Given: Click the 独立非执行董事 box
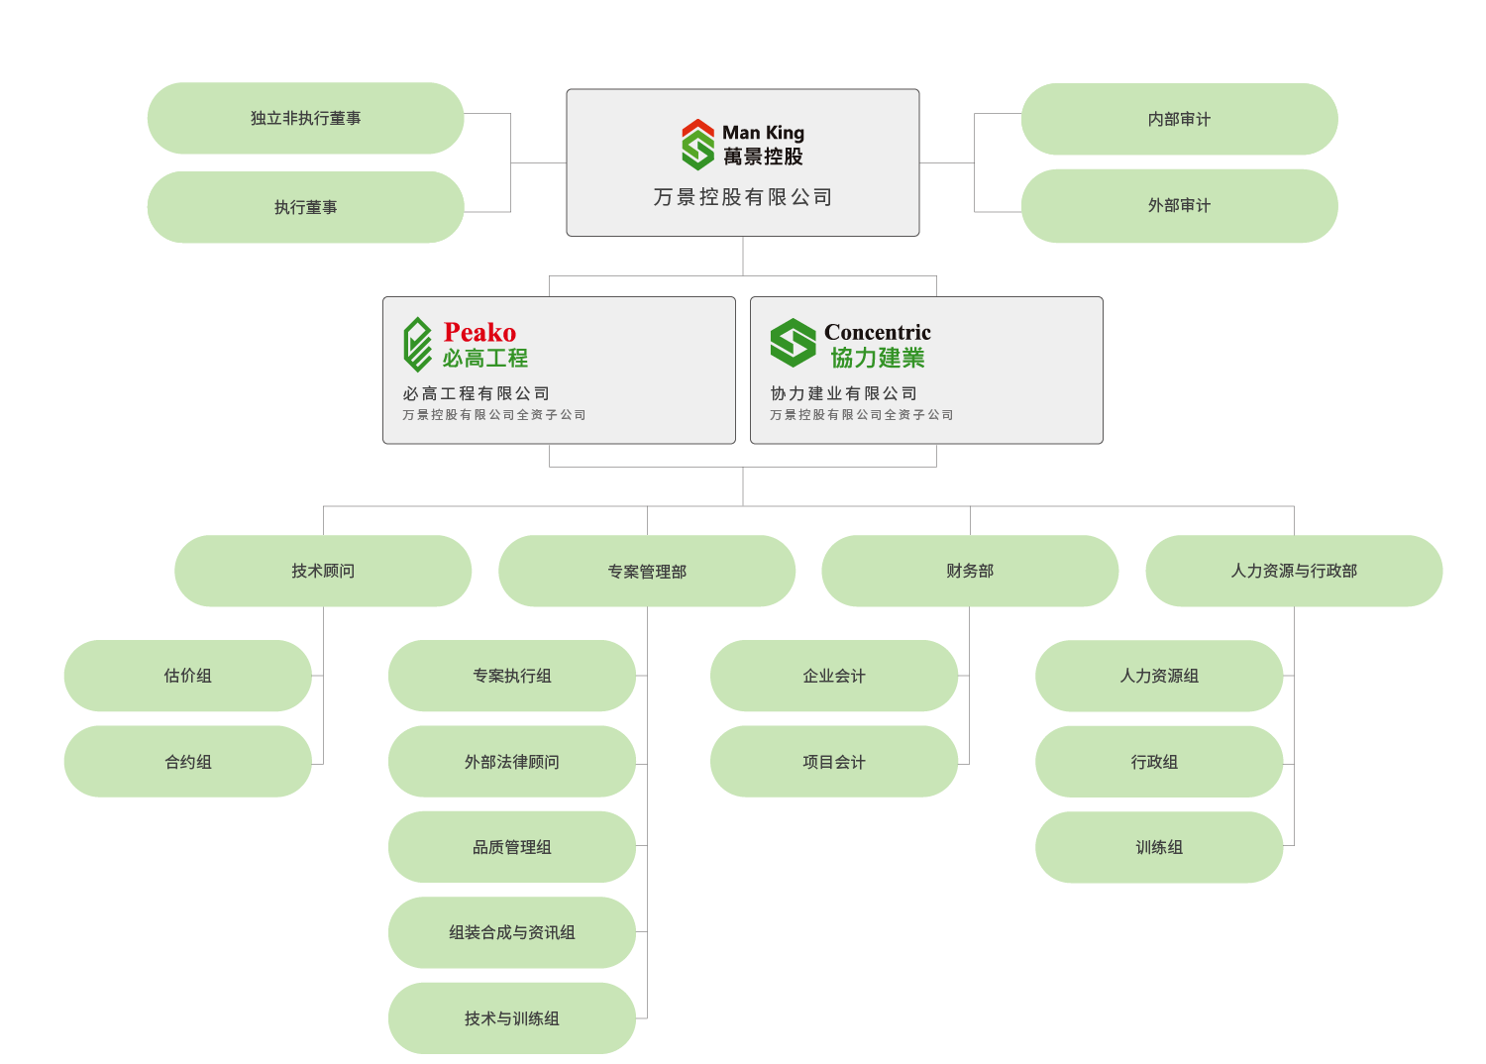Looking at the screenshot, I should [305, 118].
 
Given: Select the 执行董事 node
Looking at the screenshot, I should [305, 207].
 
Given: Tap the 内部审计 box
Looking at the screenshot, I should [1179, 119].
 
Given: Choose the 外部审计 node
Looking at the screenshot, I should [1179, 205].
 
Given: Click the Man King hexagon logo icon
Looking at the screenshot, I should [697, 145].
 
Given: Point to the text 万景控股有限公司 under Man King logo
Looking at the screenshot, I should [743, 197].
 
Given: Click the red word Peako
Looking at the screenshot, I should [479, 332].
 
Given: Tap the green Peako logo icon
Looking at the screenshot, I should [417, 344].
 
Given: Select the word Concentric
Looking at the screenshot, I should [878, 332].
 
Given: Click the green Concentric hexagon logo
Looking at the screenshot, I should [793, 343].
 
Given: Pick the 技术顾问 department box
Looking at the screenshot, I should [323, 571].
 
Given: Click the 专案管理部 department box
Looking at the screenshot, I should [647, 572].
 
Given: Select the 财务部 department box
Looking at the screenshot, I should [970, 571].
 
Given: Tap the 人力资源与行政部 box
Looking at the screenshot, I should [1294, 571].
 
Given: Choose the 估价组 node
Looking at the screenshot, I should [187, 676].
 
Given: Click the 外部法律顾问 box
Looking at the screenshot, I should [511, 762].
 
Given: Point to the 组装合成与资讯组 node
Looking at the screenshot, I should [511, 932].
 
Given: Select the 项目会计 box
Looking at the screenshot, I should [834, 762].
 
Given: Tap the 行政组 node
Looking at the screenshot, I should [1155, 762].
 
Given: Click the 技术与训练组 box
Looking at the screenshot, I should [511, 1018].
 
